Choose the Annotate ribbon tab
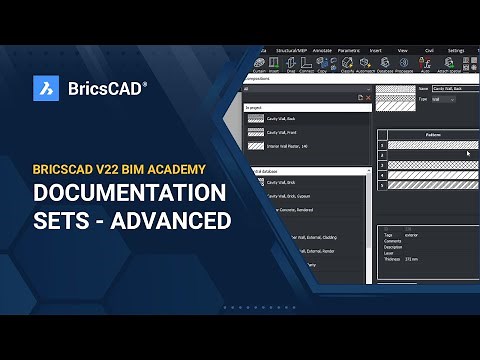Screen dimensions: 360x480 [321, 49]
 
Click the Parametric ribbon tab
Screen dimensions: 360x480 [349, 49]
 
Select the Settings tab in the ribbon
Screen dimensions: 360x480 [456, 49]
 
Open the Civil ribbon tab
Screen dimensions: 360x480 [426, 49]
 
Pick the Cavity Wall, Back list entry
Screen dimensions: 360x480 [283, 118]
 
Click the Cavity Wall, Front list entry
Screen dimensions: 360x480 [283, 132]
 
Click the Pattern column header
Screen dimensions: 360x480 [433, 133]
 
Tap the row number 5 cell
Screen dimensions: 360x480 [381, 186]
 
